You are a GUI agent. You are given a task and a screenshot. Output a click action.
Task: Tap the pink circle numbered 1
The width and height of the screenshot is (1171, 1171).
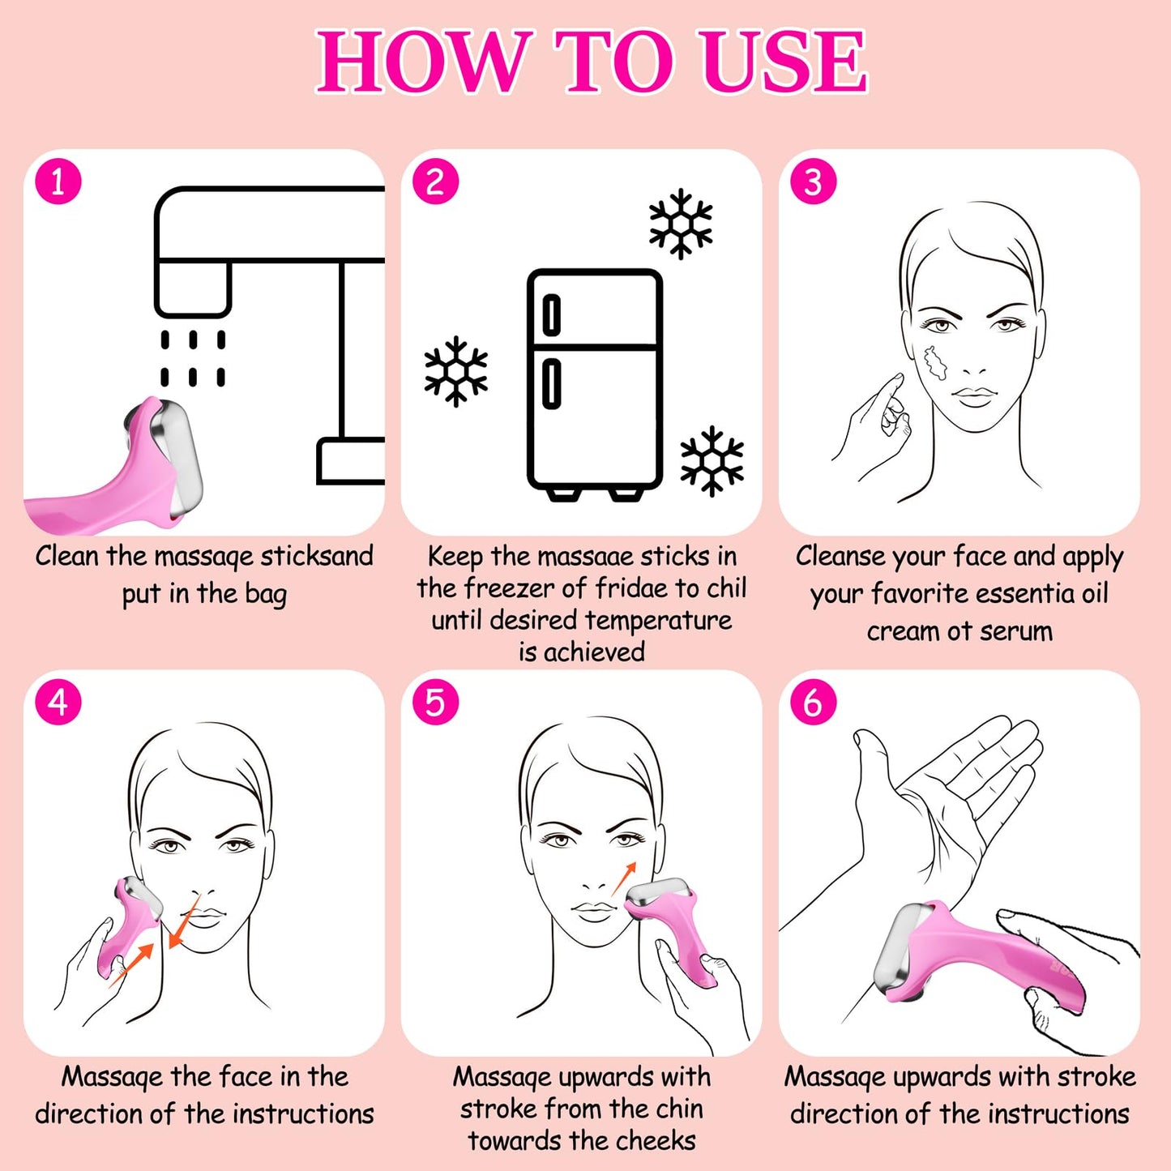coord(58,182)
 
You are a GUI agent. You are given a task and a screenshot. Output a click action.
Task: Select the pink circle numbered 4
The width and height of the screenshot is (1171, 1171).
coord(58,703)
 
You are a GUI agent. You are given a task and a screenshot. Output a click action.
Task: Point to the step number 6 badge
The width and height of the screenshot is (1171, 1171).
coord(813,703)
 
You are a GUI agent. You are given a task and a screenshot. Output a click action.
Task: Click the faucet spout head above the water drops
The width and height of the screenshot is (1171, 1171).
coord(193,288)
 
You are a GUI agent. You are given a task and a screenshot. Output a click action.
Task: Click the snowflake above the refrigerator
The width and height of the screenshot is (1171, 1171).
coord(681,224)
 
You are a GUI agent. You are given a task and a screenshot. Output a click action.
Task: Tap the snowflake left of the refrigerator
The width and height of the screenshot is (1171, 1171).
coord(456,371)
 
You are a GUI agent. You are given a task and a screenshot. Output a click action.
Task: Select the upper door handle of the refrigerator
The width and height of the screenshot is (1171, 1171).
coord(551,316)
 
